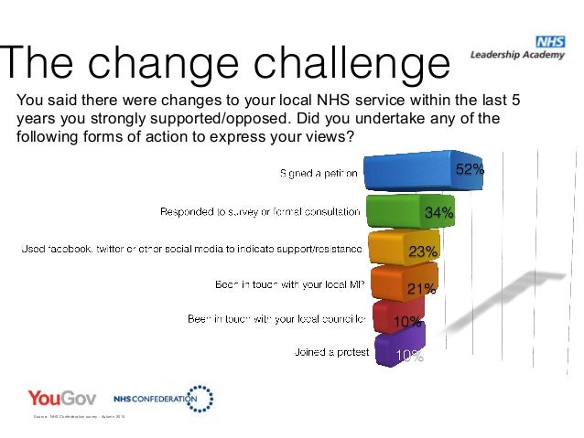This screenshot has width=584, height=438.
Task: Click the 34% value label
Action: click(x=438, y=213)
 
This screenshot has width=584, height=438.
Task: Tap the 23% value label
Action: click(x=423, y=251)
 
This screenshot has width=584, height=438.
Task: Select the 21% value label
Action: click(x=421, y=289)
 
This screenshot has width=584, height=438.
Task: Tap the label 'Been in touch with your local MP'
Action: click(x=292, y=284)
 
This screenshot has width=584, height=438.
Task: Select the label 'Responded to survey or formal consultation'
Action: click(x=260, y=212)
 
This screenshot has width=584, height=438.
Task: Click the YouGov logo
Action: click(x=62, y=398)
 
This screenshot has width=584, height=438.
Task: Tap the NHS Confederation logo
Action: click(x=163, y=398)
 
